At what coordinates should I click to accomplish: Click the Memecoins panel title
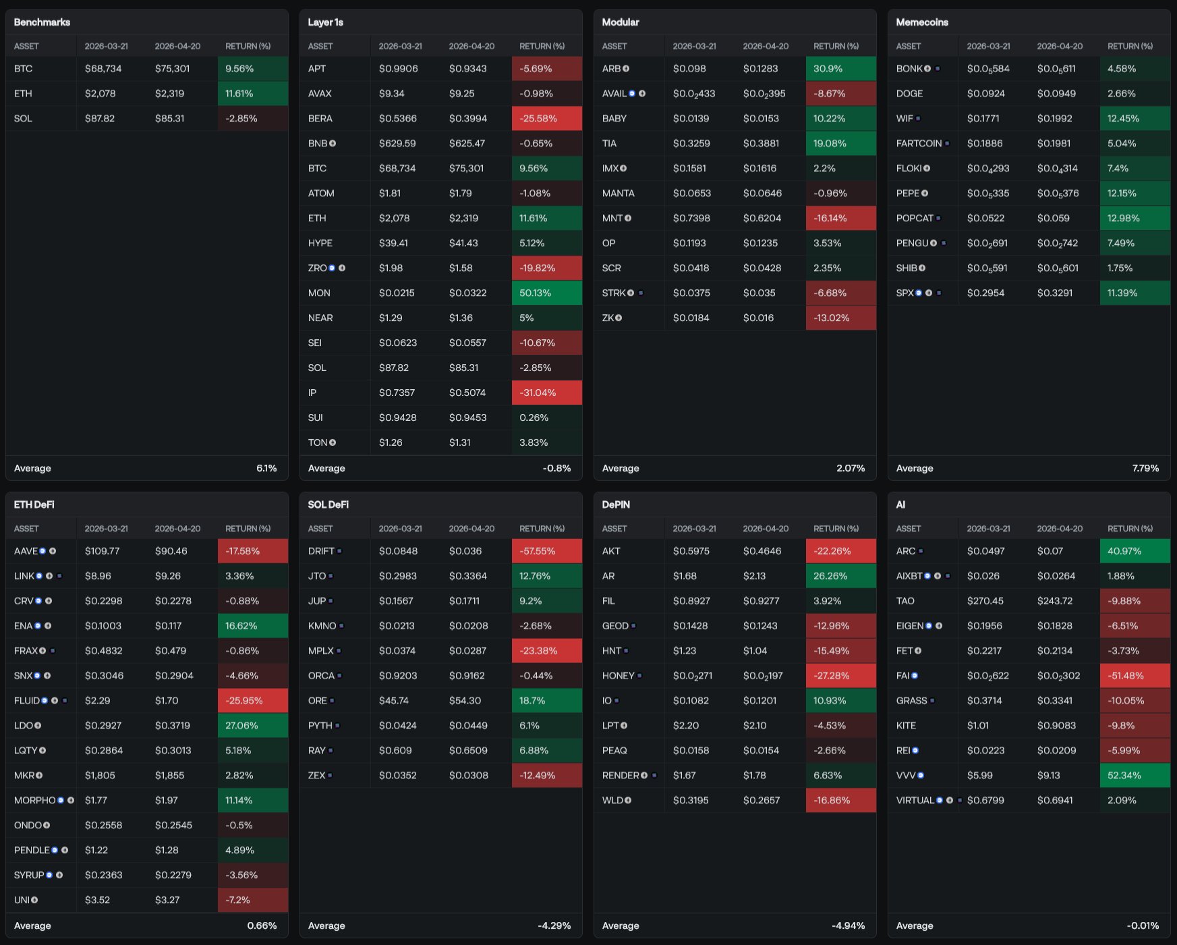pos(921,22)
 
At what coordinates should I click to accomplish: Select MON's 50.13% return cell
pos(546,293)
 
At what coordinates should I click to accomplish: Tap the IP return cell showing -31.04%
pos(546,393)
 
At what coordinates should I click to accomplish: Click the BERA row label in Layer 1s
pos(320,119)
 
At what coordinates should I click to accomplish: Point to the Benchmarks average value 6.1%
pos(266,468)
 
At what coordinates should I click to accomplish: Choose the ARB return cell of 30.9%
pos(840,69)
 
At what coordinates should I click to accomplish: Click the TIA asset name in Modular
pos(610,144)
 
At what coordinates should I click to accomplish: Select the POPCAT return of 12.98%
pos(1134,219)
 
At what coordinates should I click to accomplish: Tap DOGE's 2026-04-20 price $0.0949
pos(1056,94)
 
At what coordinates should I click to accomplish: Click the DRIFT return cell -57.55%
pos(546,551)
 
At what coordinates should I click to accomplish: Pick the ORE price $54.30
pos(465,701)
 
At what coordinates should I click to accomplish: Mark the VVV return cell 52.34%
pos(1134,776)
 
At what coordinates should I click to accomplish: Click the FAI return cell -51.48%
pos(1134,676)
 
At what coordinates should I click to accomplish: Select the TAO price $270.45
pos(985,601)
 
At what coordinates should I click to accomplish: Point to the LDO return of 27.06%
pos(252,726)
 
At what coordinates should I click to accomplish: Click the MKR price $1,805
pos(100,776)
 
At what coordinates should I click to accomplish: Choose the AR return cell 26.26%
pos(840,576)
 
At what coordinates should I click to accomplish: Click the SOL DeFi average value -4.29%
pos(554,925)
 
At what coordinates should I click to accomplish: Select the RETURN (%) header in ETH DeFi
pos(248,529)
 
